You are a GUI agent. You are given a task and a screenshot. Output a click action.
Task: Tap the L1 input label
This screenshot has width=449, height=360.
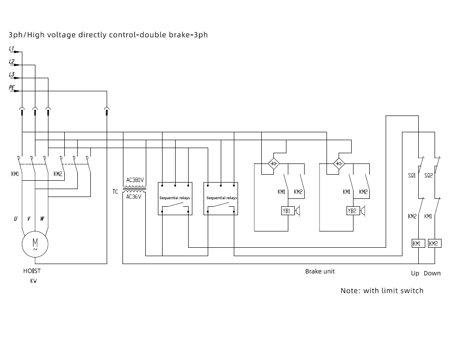click(x=12, y=48)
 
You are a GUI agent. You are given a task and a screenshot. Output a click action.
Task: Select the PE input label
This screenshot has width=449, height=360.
click(x=12, y=87)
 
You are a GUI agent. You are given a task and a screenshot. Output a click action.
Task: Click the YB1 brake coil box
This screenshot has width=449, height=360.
click(x=288, y=211)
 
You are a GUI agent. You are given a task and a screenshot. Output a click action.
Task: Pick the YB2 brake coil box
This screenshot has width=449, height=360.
click(x=353, y=211)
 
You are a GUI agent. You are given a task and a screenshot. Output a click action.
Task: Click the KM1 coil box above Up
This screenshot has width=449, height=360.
click(x=418, y=244)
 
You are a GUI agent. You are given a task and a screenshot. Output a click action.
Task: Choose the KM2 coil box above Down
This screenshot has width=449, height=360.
click(x=435, y=244)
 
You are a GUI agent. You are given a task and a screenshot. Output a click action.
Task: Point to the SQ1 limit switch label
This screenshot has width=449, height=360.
click(x=412, y=176)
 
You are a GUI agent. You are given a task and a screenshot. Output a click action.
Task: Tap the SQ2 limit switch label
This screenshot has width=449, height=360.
click(x=429, y=176)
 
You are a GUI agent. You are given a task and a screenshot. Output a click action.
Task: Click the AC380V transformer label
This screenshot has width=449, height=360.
click(x=135, y=180)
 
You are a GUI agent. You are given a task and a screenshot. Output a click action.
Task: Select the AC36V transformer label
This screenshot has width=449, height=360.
click(x=134, y=197)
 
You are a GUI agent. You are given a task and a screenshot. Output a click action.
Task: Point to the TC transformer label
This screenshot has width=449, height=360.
click(x=115, y=191)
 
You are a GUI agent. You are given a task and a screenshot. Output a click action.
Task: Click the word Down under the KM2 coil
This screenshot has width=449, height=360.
click(x=432, y=273)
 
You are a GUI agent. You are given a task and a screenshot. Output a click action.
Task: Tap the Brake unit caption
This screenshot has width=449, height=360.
click(x=320, y=271)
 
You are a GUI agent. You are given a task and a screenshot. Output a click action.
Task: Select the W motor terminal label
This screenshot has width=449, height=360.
click(x=42, y=218)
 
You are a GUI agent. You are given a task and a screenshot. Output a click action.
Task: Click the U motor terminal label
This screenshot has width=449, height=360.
click(x=15, y=218)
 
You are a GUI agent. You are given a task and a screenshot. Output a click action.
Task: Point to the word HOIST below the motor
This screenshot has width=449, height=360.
click(x=32, y=271)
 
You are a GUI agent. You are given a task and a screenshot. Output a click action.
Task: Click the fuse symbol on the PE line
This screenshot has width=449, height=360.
click(x=107, y=111)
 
